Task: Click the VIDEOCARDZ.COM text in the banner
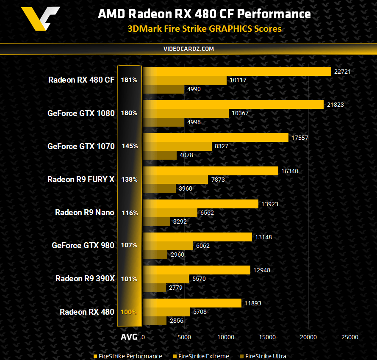[x=188, y=49]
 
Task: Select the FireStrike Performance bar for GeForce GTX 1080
[x=233, y=104]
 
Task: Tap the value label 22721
[x=342, y=71]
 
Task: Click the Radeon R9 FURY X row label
[x=81, y=179]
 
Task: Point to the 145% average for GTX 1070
[x=129, y=146]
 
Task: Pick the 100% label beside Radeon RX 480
[x=129, y=312]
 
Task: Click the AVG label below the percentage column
[x=129, y=337]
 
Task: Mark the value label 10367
[x=241, y=113]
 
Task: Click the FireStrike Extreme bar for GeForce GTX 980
[x=168, y=246]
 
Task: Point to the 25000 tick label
[x=349, y=337]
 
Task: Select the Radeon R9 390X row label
[x=85, y=279]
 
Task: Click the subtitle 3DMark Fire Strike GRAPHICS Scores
[x=205, y=29]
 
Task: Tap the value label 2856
[x=176, y=321]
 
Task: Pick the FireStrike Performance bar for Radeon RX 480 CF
[x=237, y=71]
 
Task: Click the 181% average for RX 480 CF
[x=129, y=80]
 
